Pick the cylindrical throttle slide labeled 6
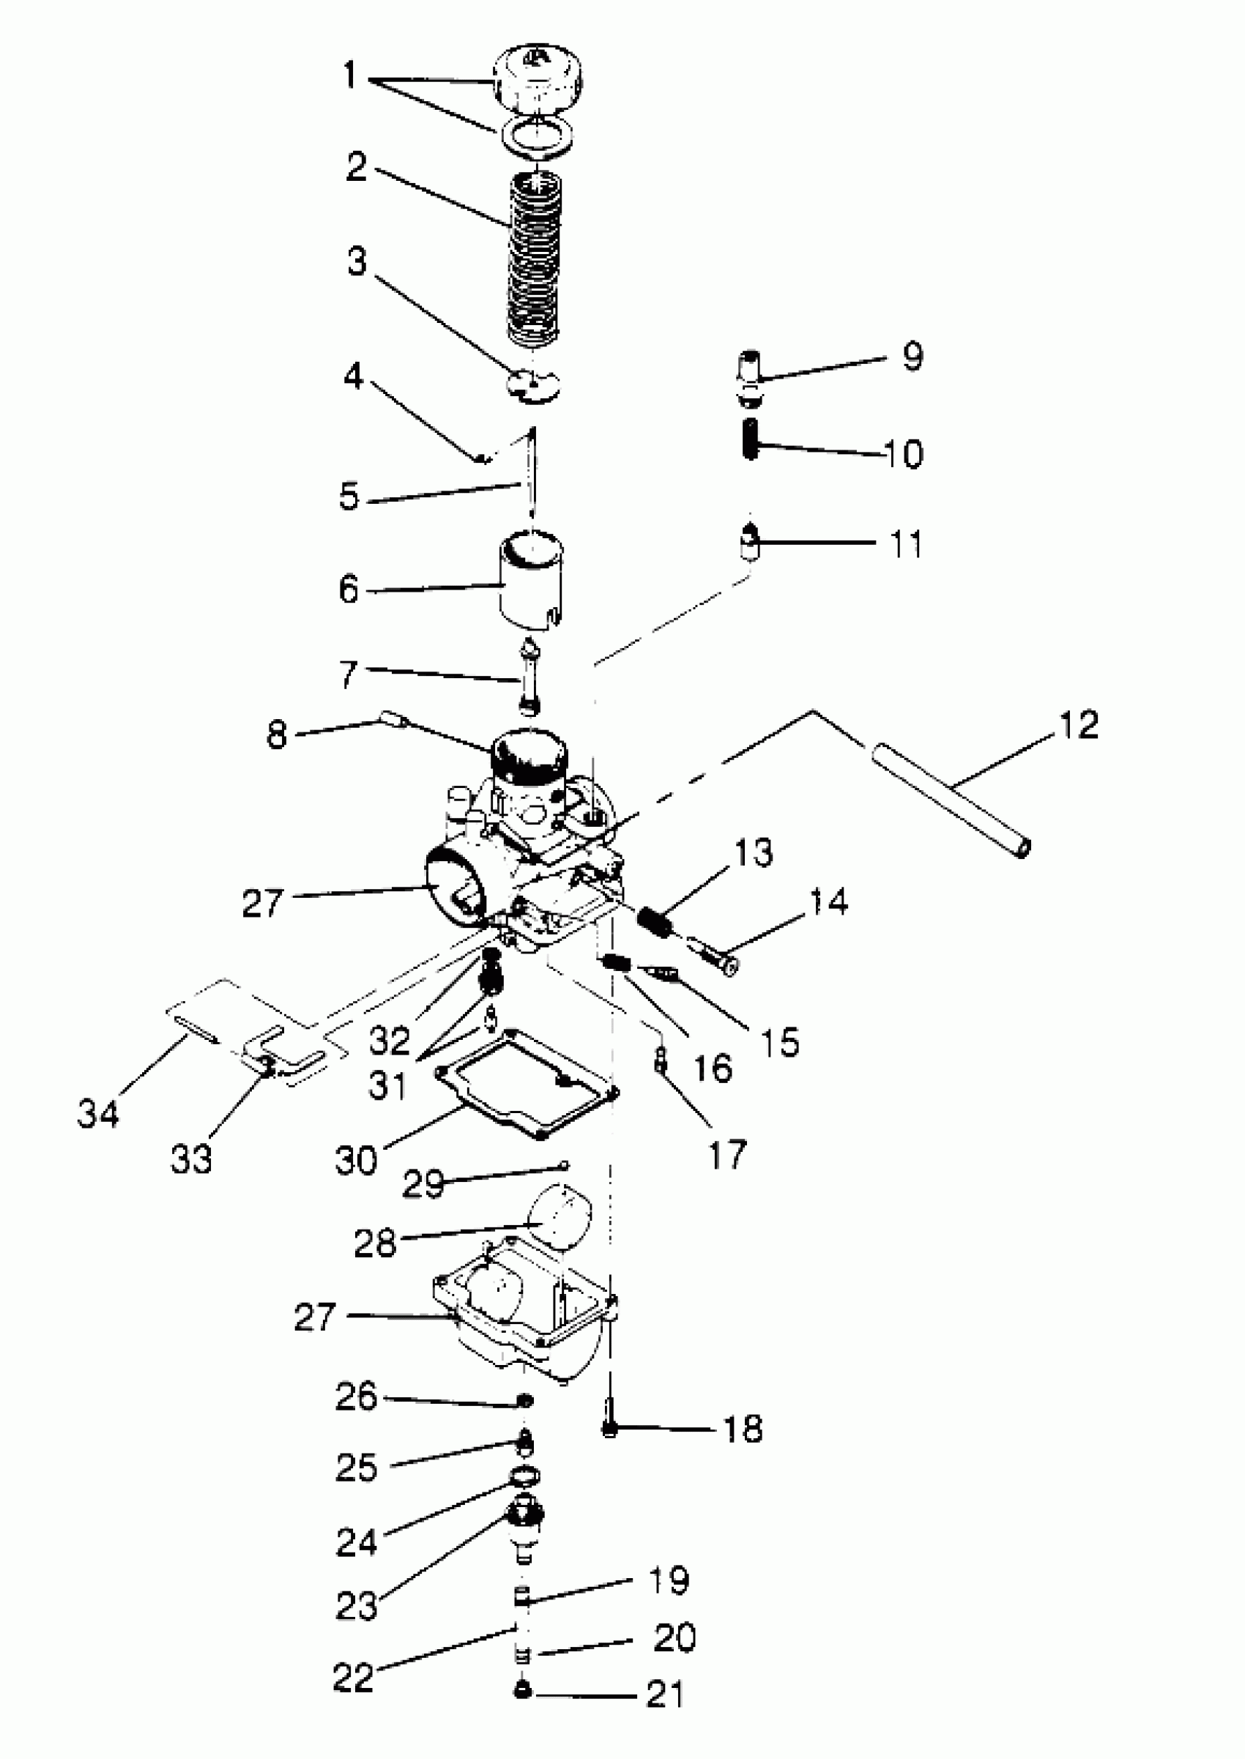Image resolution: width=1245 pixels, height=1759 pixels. (531, 581)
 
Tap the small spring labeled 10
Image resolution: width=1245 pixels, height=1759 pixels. (751, 439)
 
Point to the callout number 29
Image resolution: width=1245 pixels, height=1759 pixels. (423, 1184)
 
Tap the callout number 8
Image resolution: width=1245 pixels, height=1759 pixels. (277, 735)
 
